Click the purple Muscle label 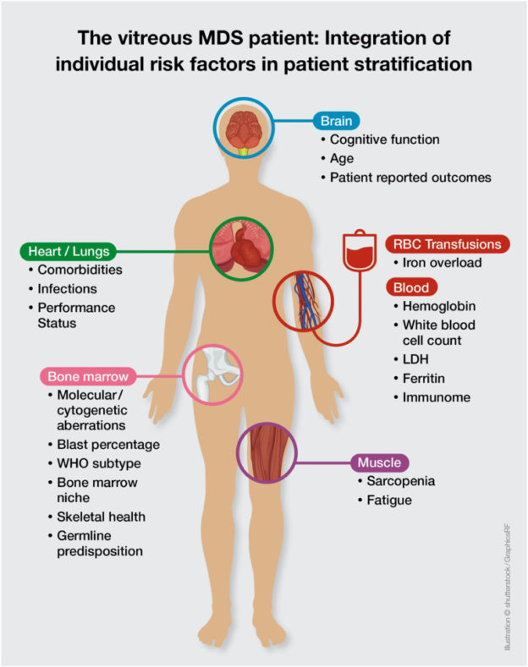(x=378, y=462)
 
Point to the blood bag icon (x=357, y=247)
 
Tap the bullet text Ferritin (x=417, y=379)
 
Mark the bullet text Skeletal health (x=101, y=517)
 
